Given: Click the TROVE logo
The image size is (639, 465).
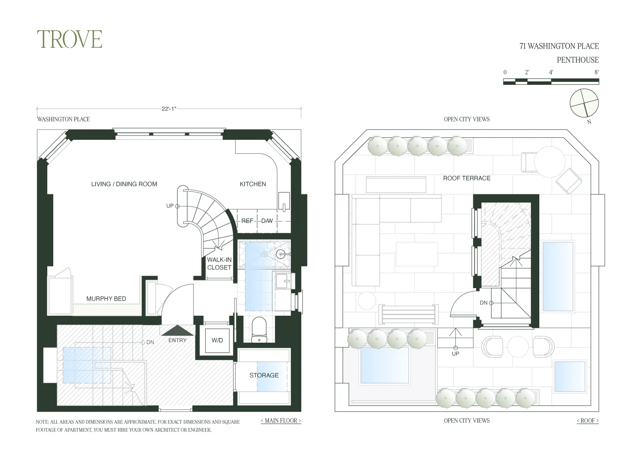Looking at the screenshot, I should [x=69, y=39].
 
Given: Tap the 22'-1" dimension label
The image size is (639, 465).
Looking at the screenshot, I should [x=169, y=109].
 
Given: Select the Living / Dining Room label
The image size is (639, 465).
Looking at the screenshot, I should [x=124, y=184].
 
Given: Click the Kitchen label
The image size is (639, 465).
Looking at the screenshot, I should [x=253, y=184].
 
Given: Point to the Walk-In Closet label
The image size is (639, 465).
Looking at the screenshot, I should [x=219, y=264].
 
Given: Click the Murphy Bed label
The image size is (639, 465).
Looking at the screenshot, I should [x=106, y=299].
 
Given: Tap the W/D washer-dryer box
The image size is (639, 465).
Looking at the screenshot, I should [x=217, y=340].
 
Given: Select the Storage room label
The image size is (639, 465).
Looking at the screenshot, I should [x=264, y=375].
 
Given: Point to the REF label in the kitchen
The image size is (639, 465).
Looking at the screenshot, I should [x=247, y=221].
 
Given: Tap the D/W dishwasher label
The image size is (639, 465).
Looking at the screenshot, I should [x=267, y=221].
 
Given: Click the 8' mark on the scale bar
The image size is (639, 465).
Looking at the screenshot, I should [x=596, y=72].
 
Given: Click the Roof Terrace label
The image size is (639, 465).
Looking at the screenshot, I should [x=466, y=178].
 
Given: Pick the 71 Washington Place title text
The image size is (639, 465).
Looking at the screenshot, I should [x=559, y=46].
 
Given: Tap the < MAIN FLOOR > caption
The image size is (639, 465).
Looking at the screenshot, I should [x=281, y=421].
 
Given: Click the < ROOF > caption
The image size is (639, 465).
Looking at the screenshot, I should [x=587, y=421].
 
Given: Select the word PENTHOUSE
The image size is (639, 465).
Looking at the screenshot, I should [x=578, y=60].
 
